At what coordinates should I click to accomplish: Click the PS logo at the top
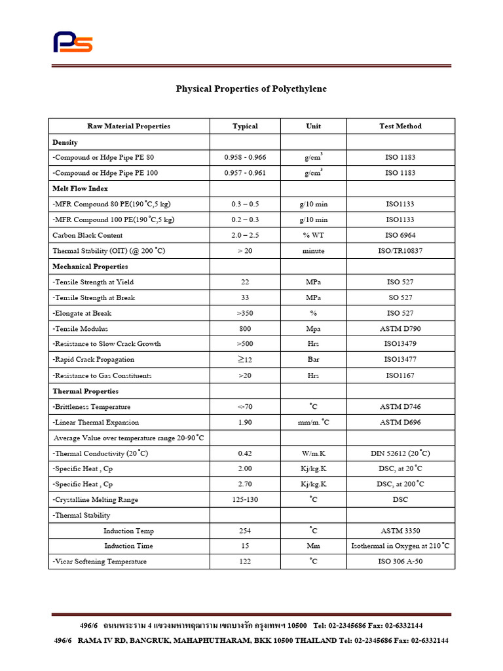click(x=73, y=42)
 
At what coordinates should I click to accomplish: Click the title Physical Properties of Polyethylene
click(x=251, y=88)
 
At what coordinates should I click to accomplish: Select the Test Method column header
click(x=400, y=126)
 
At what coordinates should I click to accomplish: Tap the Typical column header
click(x=245, y=126)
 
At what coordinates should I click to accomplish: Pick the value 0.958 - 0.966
click(x=245, y=157)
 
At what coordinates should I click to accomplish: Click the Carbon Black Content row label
click(x=87, y=235)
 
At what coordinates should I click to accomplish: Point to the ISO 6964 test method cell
click(x=400, y=235)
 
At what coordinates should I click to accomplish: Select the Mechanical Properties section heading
click(x=90, y=267)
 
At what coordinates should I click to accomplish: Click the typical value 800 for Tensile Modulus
click(x=245, y=328)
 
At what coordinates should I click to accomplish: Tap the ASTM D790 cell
click(x=400, y=328)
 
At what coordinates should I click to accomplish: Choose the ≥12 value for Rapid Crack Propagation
click(x=245, y=359)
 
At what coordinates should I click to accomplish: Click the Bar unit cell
click(x=313, y=359)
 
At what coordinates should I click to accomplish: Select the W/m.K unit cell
click(x=313, y=453)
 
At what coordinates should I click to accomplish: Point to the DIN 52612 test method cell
click(x=400, y=453)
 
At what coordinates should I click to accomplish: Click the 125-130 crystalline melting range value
click(x=245, y=499)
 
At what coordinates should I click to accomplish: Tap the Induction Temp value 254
click(x=245, y=531)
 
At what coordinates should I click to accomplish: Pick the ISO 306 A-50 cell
click(x=400, y=562)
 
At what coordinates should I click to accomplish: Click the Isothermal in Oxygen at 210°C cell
click(x=400, y=546)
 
